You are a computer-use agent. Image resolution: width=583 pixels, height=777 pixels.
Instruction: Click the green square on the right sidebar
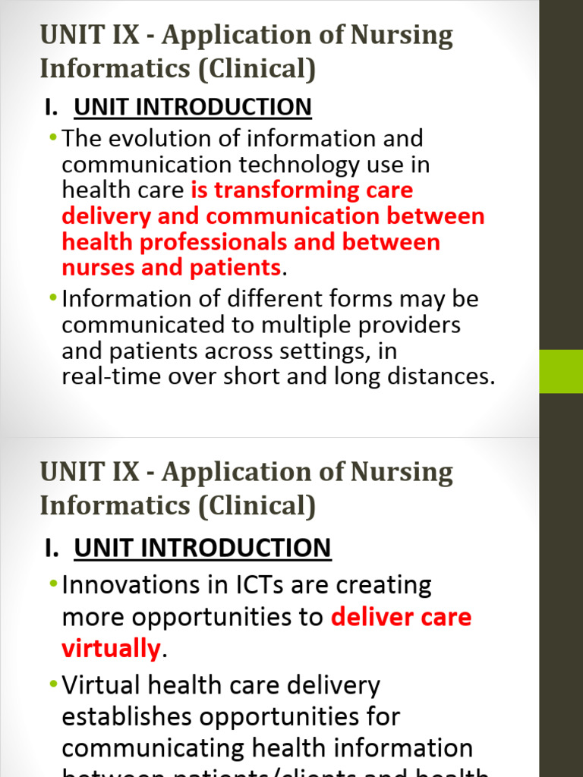[561, 371]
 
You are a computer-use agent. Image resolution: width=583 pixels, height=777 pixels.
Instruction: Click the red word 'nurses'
[95, 268]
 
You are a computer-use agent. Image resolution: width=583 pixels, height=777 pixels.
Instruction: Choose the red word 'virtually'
[111, 649]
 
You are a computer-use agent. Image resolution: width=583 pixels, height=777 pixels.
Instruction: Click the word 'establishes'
[133, 717]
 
